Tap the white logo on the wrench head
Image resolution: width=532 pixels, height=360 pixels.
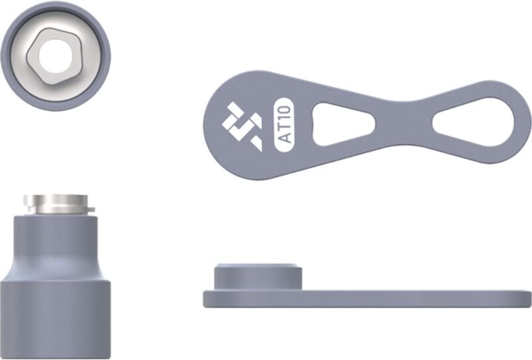click(x=242, y=126)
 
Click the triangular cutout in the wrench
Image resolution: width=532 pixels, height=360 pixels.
click(x=343, y=124)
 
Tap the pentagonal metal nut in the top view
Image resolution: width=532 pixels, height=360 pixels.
click(x=55, y=57)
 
